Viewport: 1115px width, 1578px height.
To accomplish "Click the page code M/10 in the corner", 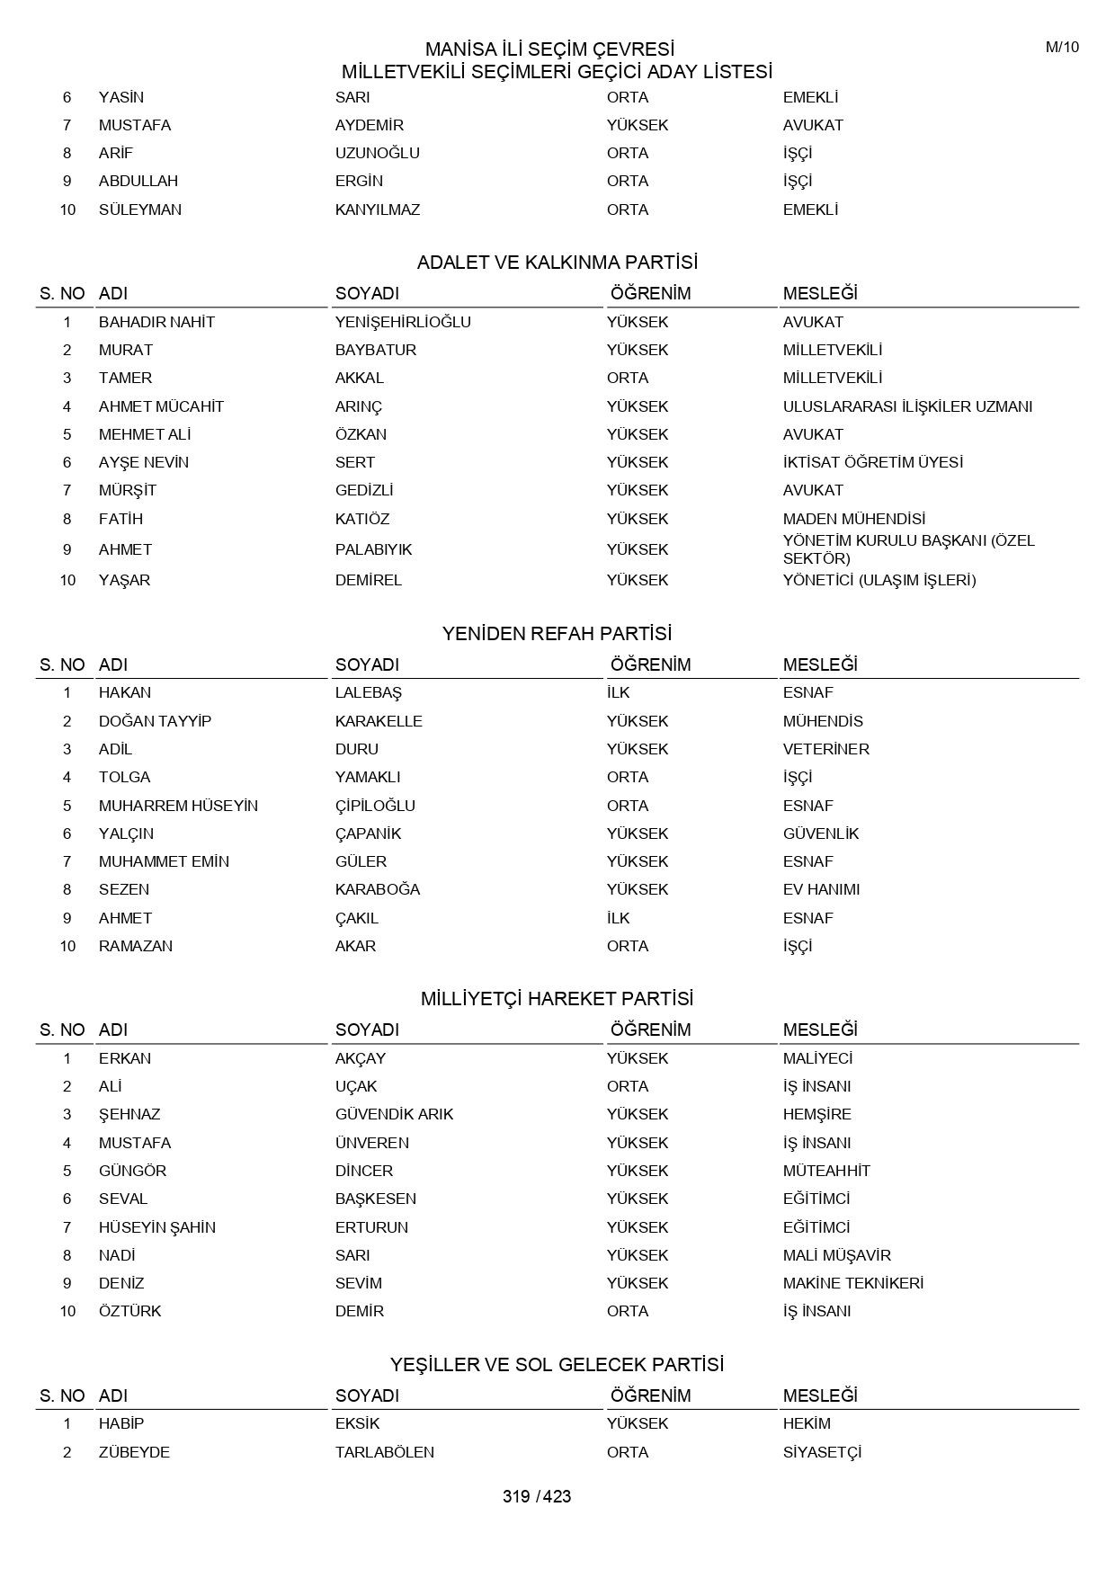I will (1062, 48).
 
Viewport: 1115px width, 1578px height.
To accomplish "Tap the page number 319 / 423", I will (537, 1496).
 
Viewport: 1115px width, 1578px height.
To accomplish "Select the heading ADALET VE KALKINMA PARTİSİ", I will (557, 263).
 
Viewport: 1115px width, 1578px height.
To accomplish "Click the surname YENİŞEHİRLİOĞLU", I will (403, 322).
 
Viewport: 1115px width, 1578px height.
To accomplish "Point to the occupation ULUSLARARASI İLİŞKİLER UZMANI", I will (907, 406).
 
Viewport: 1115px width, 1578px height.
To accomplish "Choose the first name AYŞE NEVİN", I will (144, 462).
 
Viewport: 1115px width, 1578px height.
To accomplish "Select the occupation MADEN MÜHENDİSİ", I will (854, 519).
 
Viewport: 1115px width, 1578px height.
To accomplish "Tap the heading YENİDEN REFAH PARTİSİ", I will (557, 634).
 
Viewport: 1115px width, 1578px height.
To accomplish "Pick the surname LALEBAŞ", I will (369, 692).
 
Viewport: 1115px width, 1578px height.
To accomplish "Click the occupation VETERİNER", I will (826, 749).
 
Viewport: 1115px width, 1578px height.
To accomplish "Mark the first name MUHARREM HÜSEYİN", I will (178, 806).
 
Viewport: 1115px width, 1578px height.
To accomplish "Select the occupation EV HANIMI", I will (821, 889).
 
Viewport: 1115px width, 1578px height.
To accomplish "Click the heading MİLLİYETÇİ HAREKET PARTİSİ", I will (557, 999).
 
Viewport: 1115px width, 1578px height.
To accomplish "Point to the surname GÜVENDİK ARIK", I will (394, 1114).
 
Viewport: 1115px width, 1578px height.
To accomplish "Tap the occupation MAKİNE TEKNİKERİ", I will (853, 1283).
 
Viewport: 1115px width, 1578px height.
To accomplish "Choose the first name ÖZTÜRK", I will (130, 1311).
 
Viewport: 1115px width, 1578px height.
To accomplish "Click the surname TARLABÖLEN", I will (385, 1452).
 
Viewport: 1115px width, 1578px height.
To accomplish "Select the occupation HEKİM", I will (807, 1423).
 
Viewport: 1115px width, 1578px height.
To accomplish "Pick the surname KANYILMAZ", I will (378, 210).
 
